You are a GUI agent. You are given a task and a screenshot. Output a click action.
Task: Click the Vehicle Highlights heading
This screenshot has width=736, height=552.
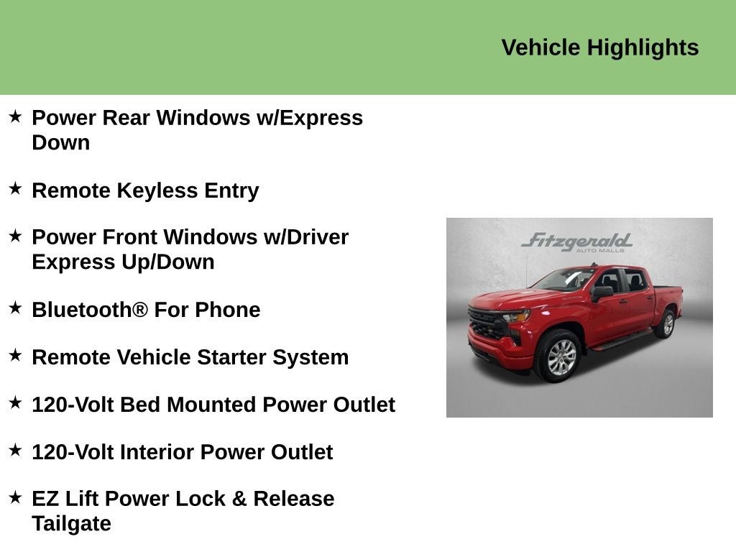(599, 47)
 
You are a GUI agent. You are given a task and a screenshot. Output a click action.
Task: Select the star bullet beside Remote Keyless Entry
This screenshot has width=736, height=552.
(15, 188)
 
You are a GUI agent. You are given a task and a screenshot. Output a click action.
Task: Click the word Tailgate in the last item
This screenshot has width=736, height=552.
(71, 523)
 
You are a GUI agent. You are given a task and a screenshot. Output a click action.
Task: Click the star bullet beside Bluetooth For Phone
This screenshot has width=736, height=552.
(15, 308)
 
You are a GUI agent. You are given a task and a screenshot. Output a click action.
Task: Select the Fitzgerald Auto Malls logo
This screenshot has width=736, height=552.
(576, 242)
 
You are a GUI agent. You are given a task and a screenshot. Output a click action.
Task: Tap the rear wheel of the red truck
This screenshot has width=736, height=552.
(666, 324)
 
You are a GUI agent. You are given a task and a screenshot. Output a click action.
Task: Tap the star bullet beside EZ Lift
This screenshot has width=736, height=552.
(15, 497)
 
